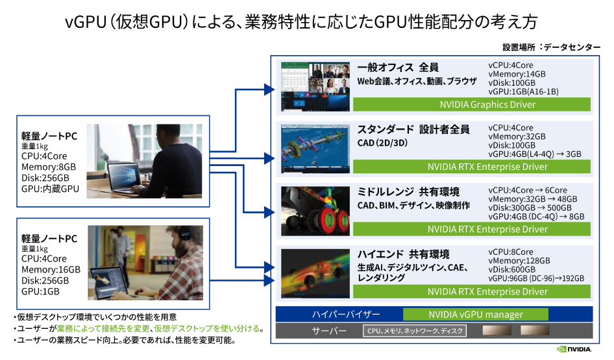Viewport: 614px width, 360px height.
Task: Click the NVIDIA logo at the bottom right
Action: coord(574,349)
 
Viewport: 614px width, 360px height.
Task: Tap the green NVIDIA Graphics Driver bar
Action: coord(472,104)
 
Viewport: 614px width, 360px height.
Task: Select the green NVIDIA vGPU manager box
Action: coord(475,315)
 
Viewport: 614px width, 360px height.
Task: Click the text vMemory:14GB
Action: coord(517,74)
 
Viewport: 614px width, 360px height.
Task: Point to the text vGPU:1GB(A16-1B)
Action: coord(523,91)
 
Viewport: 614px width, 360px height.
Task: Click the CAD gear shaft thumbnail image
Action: coord(315,149)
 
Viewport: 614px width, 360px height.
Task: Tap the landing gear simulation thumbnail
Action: coord(315,211)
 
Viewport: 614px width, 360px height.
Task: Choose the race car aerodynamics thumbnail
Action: coord(315,274)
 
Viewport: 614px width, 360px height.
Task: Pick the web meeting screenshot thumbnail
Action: coord(315,86)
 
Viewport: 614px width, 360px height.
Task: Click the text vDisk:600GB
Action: coord(512,270)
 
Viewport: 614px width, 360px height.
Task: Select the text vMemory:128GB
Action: coord(519,261)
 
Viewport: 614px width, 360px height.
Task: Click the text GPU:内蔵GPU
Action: coord(50,189)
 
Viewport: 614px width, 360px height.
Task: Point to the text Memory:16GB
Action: coord(51,270)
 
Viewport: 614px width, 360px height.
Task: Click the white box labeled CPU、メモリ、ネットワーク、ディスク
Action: coord(415,331)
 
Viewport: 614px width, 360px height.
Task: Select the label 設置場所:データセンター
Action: coord(551,47)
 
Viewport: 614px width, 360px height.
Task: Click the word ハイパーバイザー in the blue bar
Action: coord(346,315)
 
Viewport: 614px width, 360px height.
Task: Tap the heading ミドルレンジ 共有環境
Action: coord(408,192)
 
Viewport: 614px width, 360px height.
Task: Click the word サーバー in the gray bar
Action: coord(329,331)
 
